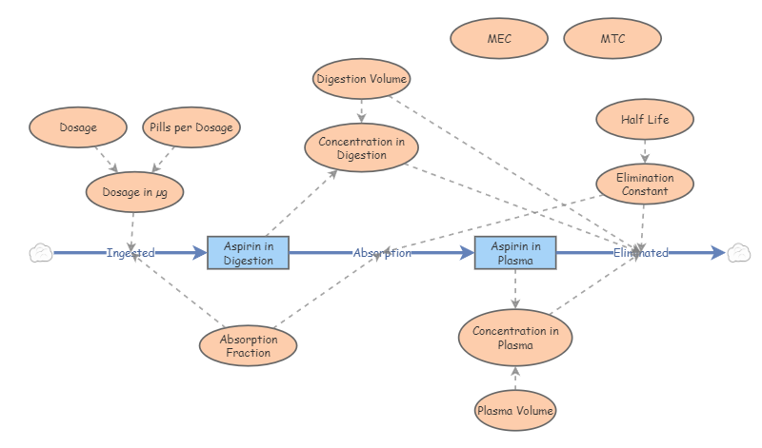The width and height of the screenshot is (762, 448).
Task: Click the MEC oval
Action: tap(499, 39)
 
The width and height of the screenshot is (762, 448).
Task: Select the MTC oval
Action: tap(612, 39)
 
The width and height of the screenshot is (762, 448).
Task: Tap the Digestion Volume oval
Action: tap(361, 79)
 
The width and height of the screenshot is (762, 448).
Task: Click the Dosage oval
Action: tap(77, 127)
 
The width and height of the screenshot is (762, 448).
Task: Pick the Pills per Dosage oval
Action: tap(191, 127)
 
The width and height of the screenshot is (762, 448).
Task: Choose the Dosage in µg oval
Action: tap(134, 192)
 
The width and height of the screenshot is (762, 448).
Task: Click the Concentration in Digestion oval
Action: tap(360, 148)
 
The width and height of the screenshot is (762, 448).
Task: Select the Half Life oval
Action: tap(645, 120)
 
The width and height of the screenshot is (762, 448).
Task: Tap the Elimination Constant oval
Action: tap(645, 185)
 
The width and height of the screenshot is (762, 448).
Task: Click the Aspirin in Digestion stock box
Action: tap(248, 253)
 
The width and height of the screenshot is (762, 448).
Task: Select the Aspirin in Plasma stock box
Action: tap(515, 253)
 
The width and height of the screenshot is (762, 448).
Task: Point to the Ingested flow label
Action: tap(130, 253)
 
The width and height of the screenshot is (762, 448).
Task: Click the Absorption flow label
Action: tap(382, 253)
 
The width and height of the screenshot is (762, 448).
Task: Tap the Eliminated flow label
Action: tap(640, 253)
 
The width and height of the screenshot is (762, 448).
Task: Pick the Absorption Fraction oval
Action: tap(248, 345)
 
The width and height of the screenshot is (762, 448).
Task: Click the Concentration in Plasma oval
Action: tap(515, 338)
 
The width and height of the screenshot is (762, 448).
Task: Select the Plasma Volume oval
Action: tap(514, 411)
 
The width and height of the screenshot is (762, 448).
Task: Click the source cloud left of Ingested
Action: tap(40, 253)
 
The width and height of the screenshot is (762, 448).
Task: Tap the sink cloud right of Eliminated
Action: tap(738, 253)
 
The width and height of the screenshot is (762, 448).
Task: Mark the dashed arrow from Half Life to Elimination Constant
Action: tap(645, 152)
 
